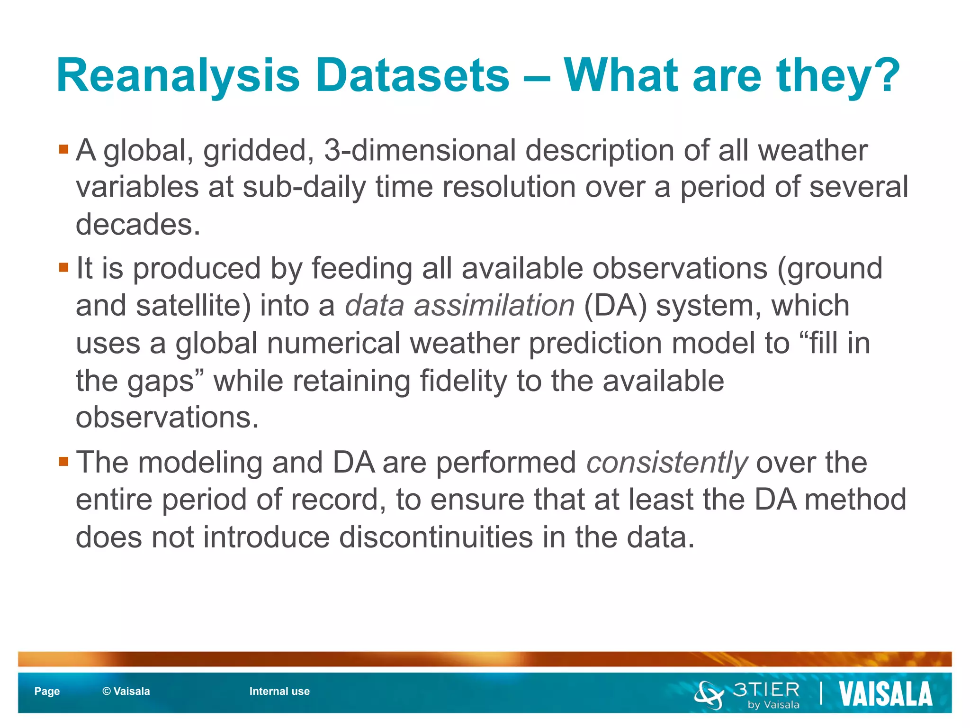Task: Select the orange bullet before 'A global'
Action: tap(64, 150)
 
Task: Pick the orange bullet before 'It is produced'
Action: tap(64, 268)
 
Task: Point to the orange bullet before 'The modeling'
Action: tap(64, 461)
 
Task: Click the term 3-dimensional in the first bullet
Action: tap(420, 151)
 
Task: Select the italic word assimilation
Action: tap(494, 305)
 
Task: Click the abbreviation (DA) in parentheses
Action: tap(615, 305)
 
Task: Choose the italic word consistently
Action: tap(667, 462)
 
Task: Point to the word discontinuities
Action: tap(436, 537)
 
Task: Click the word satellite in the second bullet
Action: tap(189, 305)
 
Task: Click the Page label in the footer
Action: tap(47, 691)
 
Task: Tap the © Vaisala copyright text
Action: tap(126, 691)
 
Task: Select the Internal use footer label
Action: tap(279, 691)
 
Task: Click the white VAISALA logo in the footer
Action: tap(885, 694)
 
